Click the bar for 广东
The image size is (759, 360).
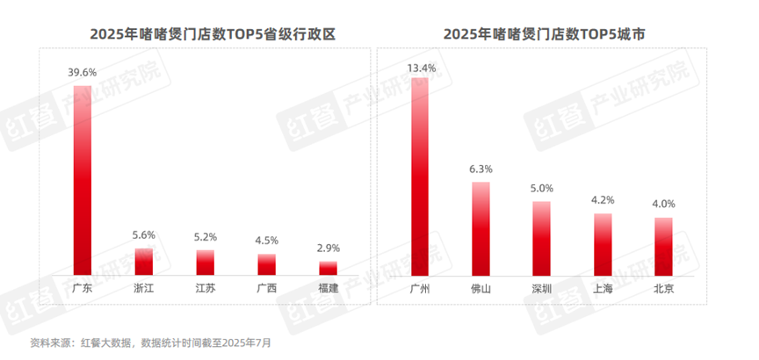(x=83, y=181)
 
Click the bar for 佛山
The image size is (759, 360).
(x=481, y=229)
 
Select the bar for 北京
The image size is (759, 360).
(x=664, y=247)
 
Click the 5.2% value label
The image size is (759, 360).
(x=205, y=237)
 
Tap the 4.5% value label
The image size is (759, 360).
(x=266, y=241)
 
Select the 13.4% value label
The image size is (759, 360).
(x=420, y=66)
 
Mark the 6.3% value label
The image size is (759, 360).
(x=481, y=169)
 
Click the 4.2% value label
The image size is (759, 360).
(x=603, y=199)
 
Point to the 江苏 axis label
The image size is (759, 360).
(x=205, y=288)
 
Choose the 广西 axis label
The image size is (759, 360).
(x=266, y=288)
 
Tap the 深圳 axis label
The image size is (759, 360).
(x=542, y=288)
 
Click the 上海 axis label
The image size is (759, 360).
(x=603, y=288)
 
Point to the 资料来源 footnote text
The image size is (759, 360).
(x=150, y=342)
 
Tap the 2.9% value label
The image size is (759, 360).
(x=328, y=249)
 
